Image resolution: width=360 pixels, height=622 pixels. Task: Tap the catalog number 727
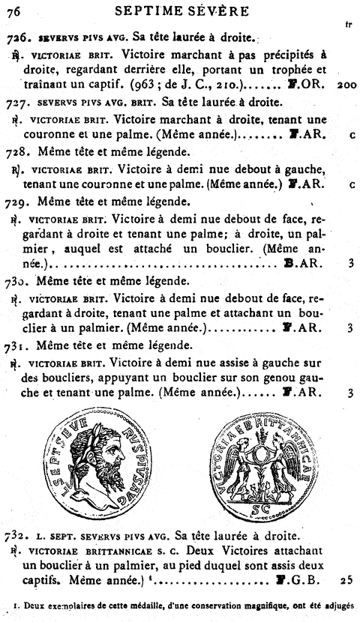(16, 103)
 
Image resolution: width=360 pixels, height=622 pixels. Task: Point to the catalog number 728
(16, 152)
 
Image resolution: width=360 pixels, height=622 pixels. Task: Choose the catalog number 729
(16, 202)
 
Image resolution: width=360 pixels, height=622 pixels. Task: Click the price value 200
(346, 85)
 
